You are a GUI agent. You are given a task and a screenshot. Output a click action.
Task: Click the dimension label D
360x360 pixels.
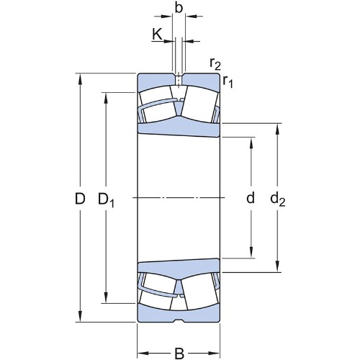pyautogui.click(x=80, y=199)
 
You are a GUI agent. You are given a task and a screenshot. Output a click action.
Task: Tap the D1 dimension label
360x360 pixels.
pyautogui.click(x=106, y=200)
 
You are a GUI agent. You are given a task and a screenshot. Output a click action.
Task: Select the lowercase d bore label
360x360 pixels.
pyautogui.click(x=251, y=198)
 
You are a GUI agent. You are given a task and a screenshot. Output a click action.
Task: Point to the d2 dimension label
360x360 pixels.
pyautogui.click(x=278, y=199)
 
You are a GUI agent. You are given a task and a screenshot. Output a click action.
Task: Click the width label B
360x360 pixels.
pyautogui.click(x=179, y=354)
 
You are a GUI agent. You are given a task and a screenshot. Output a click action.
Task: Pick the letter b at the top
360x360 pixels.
pyautogui.click(x=179, y=7)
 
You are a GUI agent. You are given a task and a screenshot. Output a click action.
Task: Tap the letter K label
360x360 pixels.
pyautogui.click(x=157, y=34)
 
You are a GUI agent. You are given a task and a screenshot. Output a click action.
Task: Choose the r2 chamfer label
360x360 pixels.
pyautogui.click(x=215, y=63)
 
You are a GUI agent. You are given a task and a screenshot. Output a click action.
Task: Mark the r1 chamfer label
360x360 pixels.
pyautogui.click(x=228, y=81)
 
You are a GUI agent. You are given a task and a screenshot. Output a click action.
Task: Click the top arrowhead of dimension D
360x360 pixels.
pyautogui.click(x=80, y=78)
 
